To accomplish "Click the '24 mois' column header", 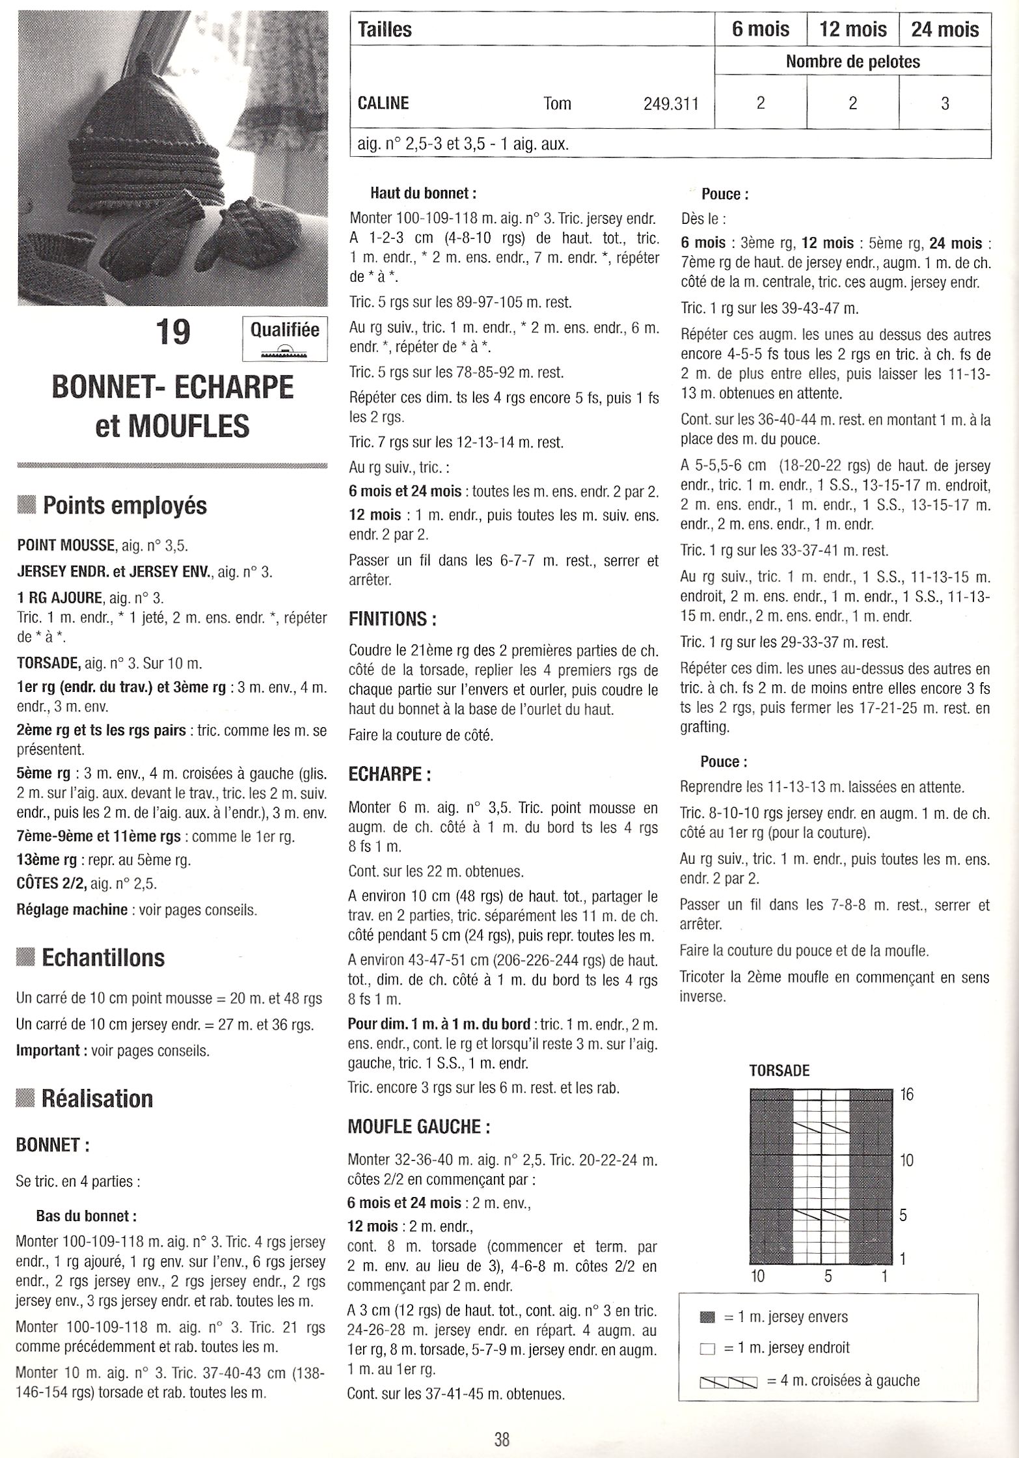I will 945,29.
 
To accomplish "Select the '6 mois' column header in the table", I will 760,29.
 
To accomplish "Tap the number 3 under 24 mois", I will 945,103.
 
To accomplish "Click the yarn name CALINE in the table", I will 383,103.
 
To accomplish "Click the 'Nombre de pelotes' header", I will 852,62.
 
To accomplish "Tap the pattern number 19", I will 172,331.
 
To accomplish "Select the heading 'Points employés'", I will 124,506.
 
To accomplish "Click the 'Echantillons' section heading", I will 103,957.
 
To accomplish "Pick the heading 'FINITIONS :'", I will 392,618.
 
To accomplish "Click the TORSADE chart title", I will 780,1070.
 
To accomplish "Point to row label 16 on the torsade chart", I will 907,1094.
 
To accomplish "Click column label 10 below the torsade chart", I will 757,1275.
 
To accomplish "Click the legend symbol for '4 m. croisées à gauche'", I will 728,1380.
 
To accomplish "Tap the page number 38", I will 501,1438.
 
